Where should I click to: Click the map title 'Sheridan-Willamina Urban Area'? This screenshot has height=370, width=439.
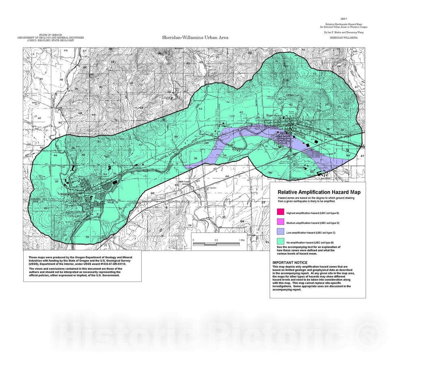pyautogui.click(x=195, y=37)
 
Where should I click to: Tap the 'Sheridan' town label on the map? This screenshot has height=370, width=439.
pyautogui.click(x=273, y=115)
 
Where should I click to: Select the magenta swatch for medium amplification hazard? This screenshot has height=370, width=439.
pyautogui.click(x=280, y=222)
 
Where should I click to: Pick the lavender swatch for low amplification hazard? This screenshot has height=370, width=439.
pyautogui.click(x=280, y=232)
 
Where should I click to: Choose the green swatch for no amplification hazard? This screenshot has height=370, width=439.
pyautogui.click(x=280, y=242)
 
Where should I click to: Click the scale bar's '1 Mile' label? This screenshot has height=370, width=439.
pyautogui.click(x=242, y=240)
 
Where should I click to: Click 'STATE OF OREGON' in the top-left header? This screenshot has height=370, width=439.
pyautogui.click(x=50, y=35)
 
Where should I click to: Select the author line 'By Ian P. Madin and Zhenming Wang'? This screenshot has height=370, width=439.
pyautogui.click(x=343, y=32)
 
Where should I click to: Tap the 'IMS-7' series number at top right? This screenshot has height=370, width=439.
pyautogui.click(x=343, y=19)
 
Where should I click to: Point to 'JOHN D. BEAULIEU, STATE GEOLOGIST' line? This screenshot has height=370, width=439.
pyautogui.click(x=50, y=41)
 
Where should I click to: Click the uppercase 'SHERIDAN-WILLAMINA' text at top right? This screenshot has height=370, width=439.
pyautogui.click(x=344, y=37)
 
